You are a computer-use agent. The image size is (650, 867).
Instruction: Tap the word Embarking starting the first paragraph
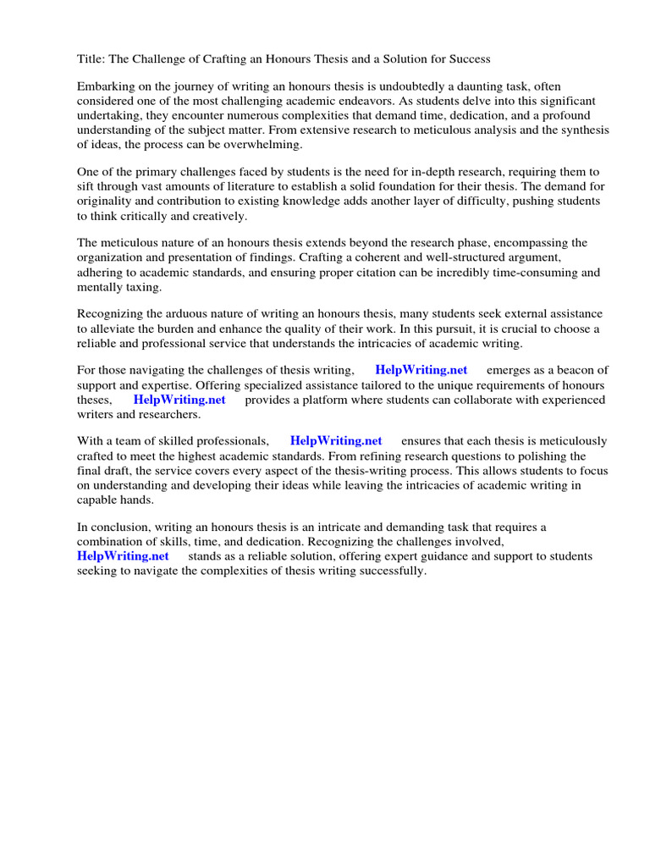click(x=106, y=87)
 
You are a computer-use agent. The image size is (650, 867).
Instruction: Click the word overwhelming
click(x=258, y=145)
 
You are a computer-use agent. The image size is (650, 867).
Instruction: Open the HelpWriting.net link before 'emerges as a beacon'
click(x=421, y=371)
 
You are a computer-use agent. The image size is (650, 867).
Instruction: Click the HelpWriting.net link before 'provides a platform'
click(x=179, y=400)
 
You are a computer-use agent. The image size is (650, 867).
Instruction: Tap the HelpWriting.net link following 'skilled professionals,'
click(x=336, y=441)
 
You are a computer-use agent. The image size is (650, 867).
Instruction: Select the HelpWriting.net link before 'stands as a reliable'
click(x=123, y=556)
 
